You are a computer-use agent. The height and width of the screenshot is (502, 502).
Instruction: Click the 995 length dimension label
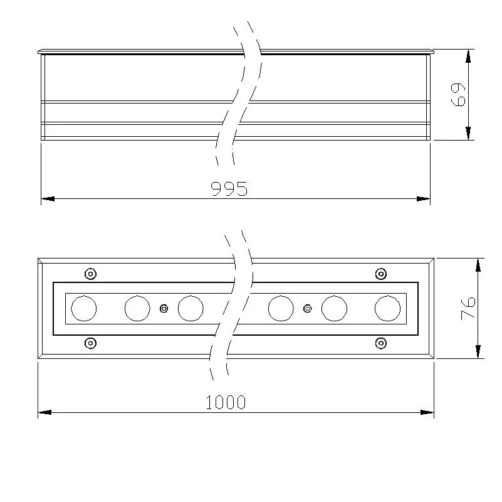pyautogui.click(x=229, y=188)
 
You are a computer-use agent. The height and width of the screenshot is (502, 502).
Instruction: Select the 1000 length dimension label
pyautogui.click(x=226, y=402)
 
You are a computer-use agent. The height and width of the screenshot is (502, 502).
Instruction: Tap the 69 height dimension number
pyautogui.click(x=458, y=95)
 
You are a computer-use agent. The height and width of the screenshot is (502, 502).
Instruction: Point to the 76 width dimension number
pyautogui.click(x=468, y=309)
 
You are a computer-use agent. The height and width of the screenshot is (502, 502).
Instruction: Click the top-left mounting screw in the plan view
pyautogui.click(x=91, y=274)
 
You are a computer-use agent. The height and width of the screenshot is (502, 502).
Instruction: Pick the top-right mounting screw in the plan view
pyautogui.click(x=380, y=274)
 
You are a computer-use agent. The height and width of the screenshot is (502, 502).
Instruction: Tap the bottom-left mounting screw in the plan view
pyautogui.click(x=91, y=343)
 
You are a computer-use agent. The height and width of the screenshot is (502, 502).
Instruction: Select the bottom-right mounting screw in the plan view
pyautogui.click(x=380, y=343)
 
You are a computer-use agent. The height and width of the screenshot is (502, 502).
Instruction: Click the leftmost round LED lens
pyautogui.click(x=83, y=308)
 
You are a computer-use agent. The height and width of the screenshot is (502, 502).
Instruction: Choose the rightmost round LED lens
pyautogui.click(x=387, y=308)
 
